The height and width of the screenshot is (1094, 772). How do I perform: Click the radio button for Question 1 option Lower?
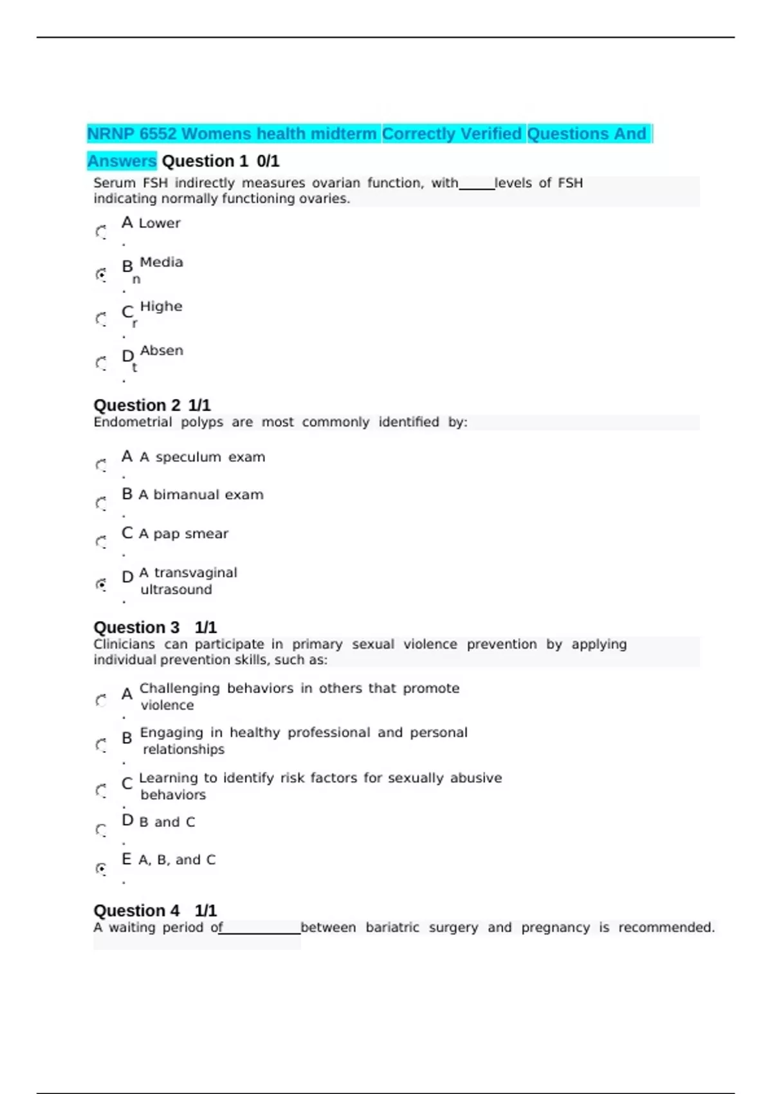(x=101, y=232)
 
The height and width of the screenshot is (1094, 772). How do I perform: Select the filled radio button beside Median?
(x=101, y=275)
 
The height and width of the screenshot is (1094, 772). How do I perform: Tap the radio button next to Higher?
(x=101, y=319)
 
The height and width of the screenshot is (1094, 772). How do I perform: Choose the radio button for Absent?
(x=101, y=364)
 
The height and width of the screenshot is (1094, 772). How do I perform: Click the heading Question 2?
(x=137, y=405)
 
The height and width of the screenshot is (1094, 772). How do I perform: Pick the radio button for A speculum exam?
(x=101, y=465)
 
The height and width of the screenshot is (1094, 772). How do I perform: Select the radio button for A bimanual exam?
(x=101, y=503)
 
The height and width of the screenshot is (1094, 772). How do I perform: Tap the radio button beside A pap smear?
(x=101, y=542)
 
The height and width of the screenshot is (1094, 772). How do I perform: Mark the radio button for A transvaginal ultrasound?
(x=101, y=584)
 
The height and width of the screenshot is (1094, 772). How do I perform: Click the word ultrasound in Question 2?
(x=176, y=589)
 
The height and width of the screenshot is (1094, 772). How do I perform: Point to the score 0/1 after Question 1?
(x=268, y=161)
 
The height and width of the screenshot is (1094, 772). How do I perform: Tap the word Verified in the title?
(x=491, y=134)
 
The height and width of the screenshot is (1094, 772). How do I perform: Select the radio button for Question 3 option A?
(x=101, y=700)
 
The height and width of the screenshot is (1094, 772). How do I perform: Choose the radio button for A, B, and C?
(x=101, y=869)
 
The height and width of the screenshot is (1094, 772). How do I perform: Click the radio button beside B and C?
(x=101, y=830)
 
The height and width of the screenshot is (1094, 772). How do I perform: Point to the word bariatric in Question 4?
(x=392, y=927)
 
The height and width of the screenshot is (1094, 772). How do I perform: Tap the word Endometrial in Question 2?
(x=133, y=422)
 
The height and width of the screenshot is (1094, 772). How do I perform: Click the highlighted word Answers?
(x=122, y=161)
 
